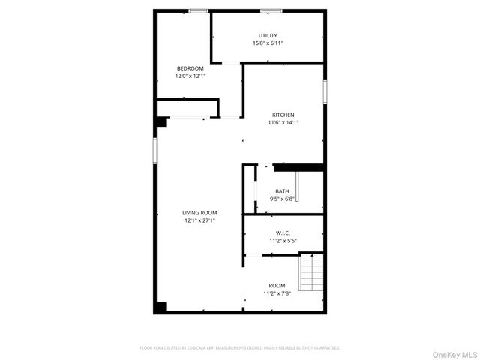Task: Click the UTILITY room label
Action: click(268, 36)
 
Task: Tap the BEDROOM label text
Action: click(190, 68)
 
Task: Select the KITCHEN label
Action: click(283, 115)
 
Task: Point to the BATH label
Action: click(282, 191)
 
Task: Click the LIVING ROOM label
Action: click(199, 213)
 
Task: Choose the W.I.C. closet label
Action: click(283, 233)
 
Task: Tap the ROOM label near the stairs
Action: click(277, 285)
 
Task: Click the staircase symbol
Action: click(310, 272)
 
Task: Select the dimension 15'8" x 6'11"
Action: click(268, 43)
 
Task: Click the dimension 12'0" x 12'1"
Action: click(190, 76)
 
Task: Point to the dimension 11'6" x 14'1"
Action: click(283, 122)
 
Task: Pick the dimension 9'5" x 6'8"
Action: click(282, 199)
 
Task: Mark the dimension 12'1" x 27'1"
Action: click(199, 220)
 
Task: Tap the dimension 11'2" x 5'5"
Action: click(283, 241)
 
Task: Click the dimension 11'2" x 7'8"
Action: click(277, 292)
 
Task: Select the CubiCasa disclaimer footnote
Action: click(240, 348)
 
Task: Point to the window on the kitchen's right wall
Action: click(325, 91)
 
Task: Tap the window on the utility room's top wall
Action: click(271, 10)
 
